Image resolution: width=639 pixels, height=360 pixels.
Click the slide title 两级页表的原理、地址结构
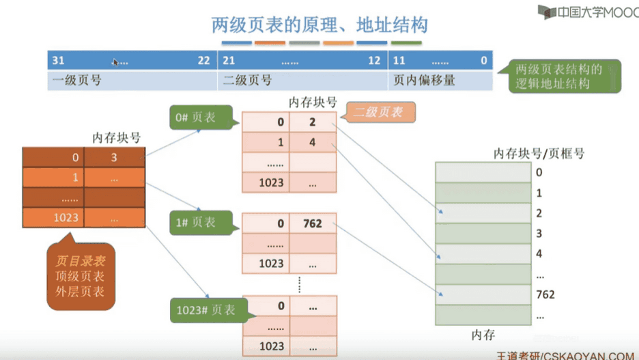[x=319, y=25]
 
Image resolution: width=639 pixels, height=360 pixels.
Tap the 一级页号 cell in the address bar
[x=132, y=81]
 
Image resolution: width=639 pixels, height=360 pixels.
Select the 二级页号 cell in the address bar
[x=303, y=81]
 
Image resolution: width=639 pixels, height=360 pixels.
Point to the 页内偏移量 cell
[x=440, y=81]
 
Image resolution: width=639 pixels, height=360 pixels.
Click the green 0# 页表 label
[x=201, y=117]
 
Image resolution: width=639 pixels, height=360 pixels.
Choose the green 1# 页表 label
[x=201, y=223]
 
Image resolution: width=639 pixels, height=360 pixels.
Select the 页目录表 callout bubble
[x=81, y=275]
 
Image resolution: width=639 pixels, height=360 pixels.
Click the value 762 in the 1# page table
[x=313, y=223]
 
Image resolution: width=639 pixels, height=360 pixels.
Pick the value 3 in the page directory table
[x=114, y=157]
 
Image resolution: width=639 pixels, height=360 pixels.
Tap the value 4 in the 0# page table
[x=313, y=142]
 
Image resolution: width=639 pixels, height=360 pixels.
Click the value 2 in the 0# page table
[x=313, y=122]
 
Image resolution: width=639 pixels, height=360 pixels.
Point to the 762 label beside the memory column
[x=545, y=294]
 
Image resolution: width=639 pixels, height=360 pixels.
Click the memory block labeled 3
[x=483, y=233]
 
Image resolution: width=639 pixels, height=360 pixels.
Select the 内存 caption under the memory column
[x=483, y=335]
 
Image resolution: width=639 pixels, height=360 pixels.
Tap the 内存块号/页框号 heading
[x=539, y=154]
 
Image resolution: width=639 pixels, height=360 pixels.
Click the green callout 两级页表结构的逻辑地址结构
[x=565, y=77]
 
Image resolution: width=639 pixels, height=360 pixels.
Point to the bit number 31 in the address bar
[x=58, y=61]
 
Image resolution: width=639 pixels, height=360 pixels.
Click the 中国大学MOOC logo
[x=588, y=12]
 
